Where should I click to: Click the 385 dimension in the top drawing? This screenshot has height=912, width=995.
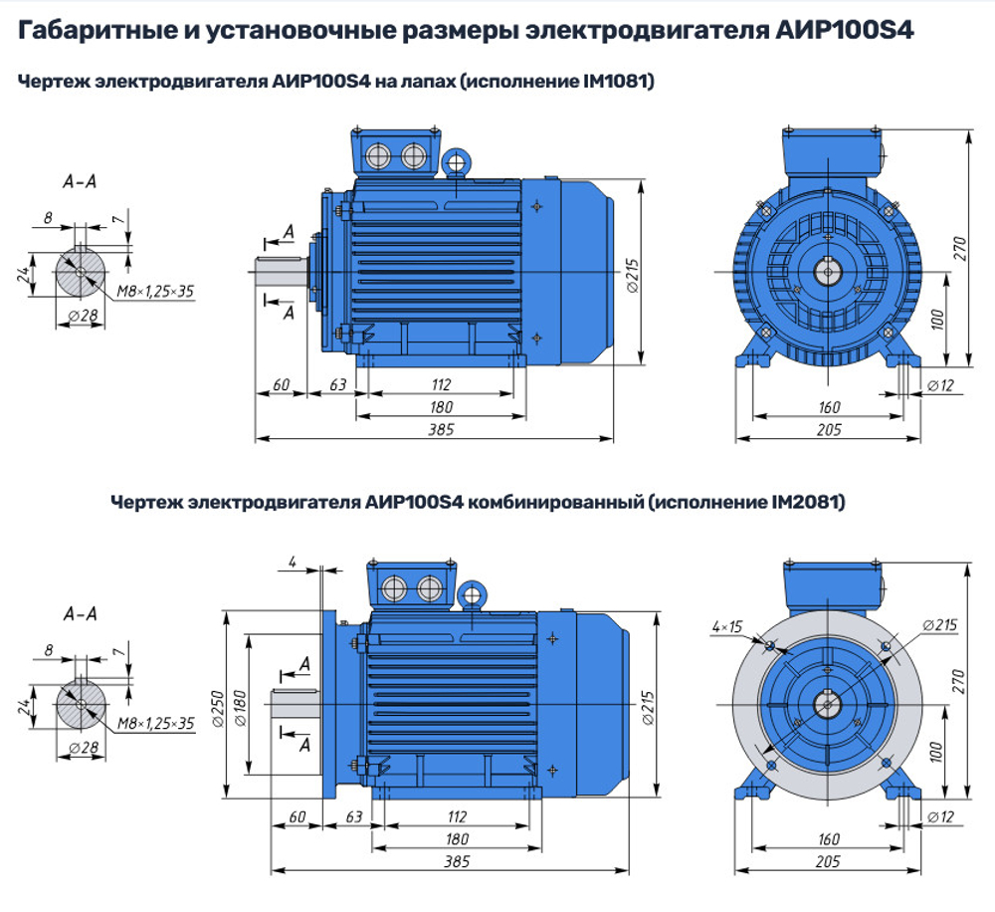click(441, 429)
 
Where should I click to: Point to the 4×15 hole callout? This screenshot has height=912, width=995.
click(727, 626)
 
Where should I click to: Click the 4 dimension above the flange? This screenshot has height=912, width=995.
click(293, 563)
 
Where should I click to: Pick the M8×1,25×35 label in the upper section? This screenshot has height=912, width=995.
click(155, 291)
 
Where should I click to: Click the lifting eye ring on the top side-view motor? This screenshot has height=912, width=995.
click(457, 161)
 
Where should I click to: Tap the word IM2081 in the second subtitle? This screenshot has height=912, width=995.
click(807, 504)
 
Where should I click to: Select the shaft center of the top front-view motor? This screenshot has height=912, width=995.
click(828, 269)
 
